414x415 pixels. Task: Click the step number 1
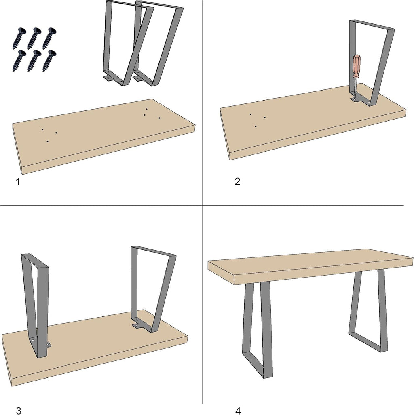[18, 182]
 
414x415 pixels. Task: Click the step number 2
[237, 181]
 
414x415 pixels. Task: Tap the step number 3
[19, 411]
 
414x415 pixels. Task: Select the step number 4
[238, 411]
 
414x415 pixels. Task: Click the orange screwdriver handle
[356, 66]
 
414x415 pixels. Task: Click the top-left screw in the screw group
[19, 38]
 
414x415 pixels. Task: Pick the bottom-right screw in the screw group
[49, 61]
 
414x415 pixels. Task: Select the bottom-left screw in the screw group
[19, 61]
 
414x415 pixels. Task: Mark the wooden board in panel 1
[103, 136]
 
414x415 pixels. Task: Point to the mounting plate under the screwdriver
[360, 101]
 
